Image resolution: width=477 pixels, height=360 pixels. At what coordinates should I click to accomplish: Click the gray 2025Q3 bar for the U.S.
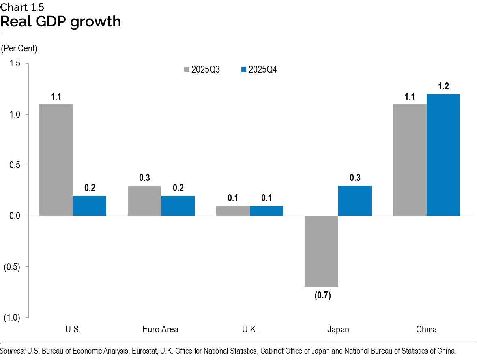tap(56, 160)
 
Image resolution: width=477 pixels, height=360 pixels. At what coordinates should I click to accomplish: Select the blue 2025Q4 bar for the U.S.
tap(90, 206)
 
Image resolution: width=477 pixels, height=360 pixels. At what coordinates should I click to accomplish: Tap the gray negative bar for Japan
tap(321, 251)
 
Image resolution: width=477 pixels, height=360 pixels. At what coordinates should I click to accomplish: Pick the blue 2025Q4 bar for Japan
tap(355, 201)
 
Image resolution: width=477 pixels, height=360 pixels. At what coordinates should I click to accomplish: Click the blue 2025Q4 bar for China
tap(443, 155)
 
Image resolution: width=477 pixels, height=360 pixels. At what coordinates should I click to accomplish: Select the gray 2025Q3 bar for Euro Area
tap(144, 201)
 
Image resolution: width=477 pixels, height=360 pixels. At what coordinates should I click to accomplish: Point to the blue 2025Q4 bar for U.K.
tap(266, 211)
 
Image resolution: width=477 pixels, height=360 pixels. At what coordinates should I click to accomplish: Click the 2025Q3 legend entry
tap(202, 70)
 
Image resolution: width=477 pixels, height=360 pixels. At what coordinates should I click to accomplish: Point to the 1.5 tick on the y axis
tap(15, 64)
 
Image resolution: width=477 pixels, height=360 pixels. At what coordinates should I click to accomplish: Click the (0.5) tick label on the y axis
tap(13, 267)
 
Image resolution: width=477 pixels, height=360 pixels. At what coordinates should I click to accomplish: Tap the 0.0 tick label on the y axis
tap(15, 216)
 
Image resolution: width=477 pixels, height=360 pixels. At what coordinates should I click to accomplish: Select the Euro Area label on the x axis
tap(161, 329)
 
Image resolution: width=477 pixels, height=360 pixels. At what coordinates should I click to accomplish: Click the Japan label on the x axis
tap(338, 329)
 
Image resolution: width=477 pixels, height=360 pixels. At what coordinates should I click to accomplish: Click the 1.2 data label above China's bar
tap(443, 86)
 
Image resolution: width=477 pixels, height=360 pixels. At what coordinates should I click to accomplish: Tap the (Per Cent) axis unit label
tap(19, 49)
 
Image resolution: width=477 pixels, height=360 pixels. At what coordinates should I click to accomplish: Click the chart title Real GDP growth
tap(61, 21)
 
